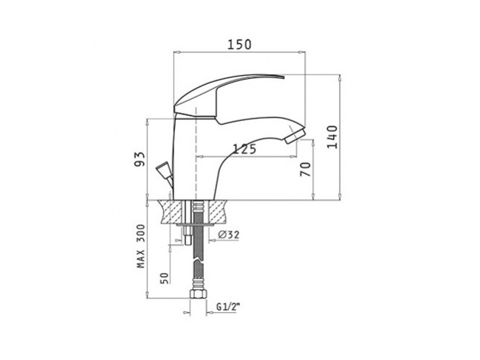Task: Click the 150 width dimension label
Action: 239,45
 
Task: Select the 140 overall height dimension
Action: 332,137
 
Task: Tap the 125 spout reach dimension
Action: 244,149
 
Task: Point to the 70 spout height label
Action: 305,170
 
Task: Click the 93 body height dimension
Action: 140,159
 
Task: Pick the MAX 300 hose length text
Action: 140,246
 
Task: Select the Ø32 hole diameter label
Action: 229,235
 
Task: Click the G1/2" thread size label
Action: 227,306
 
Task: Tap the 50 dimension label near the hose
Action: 165,278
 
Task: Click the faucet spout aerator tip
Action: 294,136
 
